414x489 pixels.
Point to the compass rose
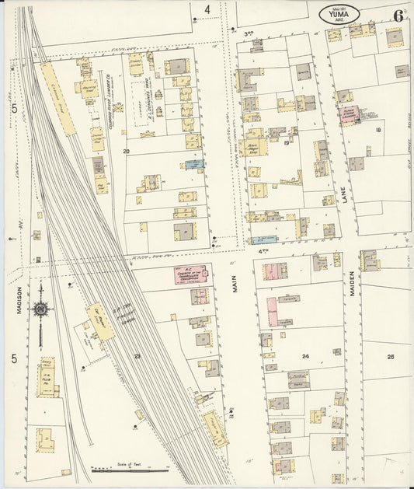(x=40, y=309)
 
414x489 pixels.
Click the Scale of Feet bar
(x=130, y=470)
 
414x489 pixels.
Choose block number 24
(x=305, y=356)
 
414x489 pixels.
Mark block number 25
(x=391, y=356)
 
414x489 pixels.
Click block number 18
(x=378, y=130)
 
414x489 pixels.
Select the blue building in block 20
(x=194, y=164)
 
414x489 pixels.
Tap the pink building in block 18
(x=346, y=116)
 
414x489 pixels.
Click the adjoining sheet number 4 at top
(x=207, y=10)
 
